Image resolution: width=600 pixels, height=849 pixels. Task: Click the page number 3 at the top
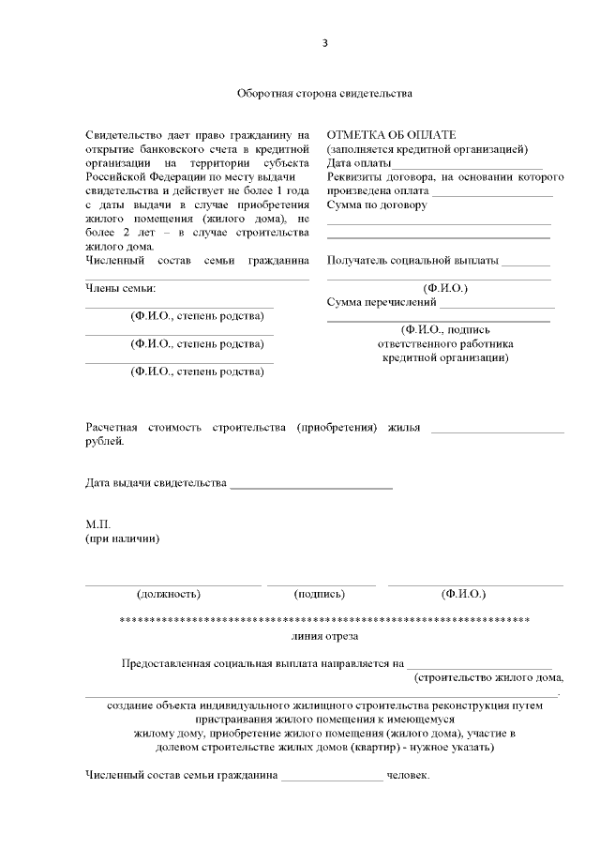324,43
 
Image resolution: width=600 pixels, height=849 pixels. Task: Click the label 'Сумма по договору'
377,205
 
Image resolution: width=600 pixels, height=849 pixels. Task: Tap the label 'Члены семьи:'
120,287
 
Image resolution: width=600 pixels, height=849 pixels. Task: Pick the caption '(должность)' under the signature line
169,594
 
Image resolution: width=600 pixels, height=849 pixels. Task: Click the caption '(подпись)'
320,594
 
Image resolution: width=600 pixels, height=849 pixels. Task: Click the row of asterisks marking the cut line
325,621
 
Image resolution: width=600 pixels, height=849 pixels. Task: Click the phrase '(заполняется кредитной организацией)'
427,149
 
